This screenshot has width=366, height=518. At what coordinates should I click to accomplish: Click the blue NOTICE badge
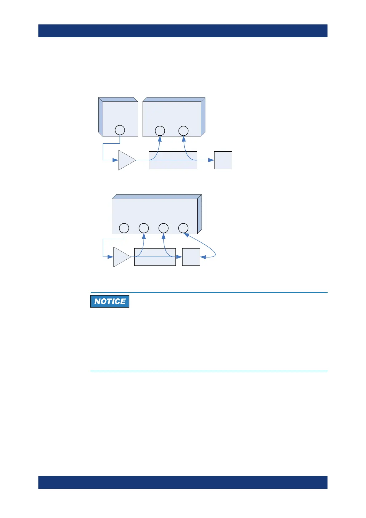(110, 301)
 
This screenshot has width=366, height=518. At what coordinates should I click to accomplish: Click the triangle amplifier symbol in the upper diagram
(126, 160)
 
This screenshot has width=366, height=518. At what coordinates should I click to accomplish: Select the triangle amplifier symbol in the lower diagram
(121, 257)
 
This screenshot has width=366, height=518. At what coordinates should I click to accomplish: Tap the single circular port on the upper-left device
(120, 130)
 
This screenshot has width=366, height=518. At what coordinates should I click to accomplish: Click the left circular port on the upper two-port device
(160, 131)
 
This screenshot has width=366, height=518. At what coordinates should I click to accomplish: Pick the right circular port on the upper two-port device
(183, 131)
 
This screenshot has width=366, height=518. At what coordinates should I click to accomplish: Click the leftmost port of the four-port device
(124, 228)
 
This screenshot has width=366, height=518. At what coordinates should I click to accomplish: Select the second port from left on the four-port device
(144, 228)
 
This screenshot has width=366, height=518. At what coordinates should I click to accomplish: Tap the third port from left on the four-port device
(163, 228)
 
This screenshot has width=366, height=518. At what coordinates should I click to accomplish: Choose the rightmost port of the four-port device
(183, 228)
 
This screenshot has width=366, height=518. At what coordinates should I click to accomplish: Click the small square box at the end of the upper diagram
(223, 160)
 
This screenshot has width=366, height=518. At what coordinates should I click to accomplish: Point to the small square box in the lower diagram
(191, 257)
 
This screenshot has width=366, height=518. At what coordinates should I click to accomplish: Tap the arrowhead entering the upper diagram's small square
(211, 160)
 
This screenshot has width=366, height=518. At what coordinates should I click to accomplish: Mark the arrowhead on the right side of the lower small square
(203, 257)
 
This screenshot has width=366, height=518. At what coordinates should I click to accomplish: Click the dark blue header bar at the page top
(183, 31)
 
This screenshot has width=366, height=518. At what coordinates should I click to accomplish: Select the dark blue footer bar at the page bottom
(183, 482)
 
